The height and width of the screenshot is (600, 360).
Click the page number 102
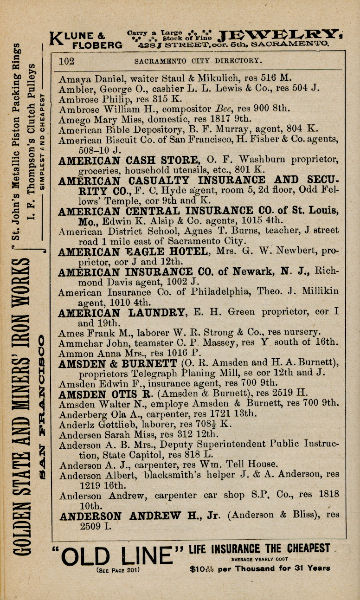[67, 61]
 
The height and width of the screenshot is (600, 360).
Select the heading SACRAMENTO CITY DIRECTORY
[198, 61]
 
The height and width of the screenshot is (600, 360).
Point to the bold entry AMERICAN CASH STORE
[128, 160]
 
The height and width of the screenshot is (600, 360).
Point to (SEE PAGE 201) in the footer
[118, 569]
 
